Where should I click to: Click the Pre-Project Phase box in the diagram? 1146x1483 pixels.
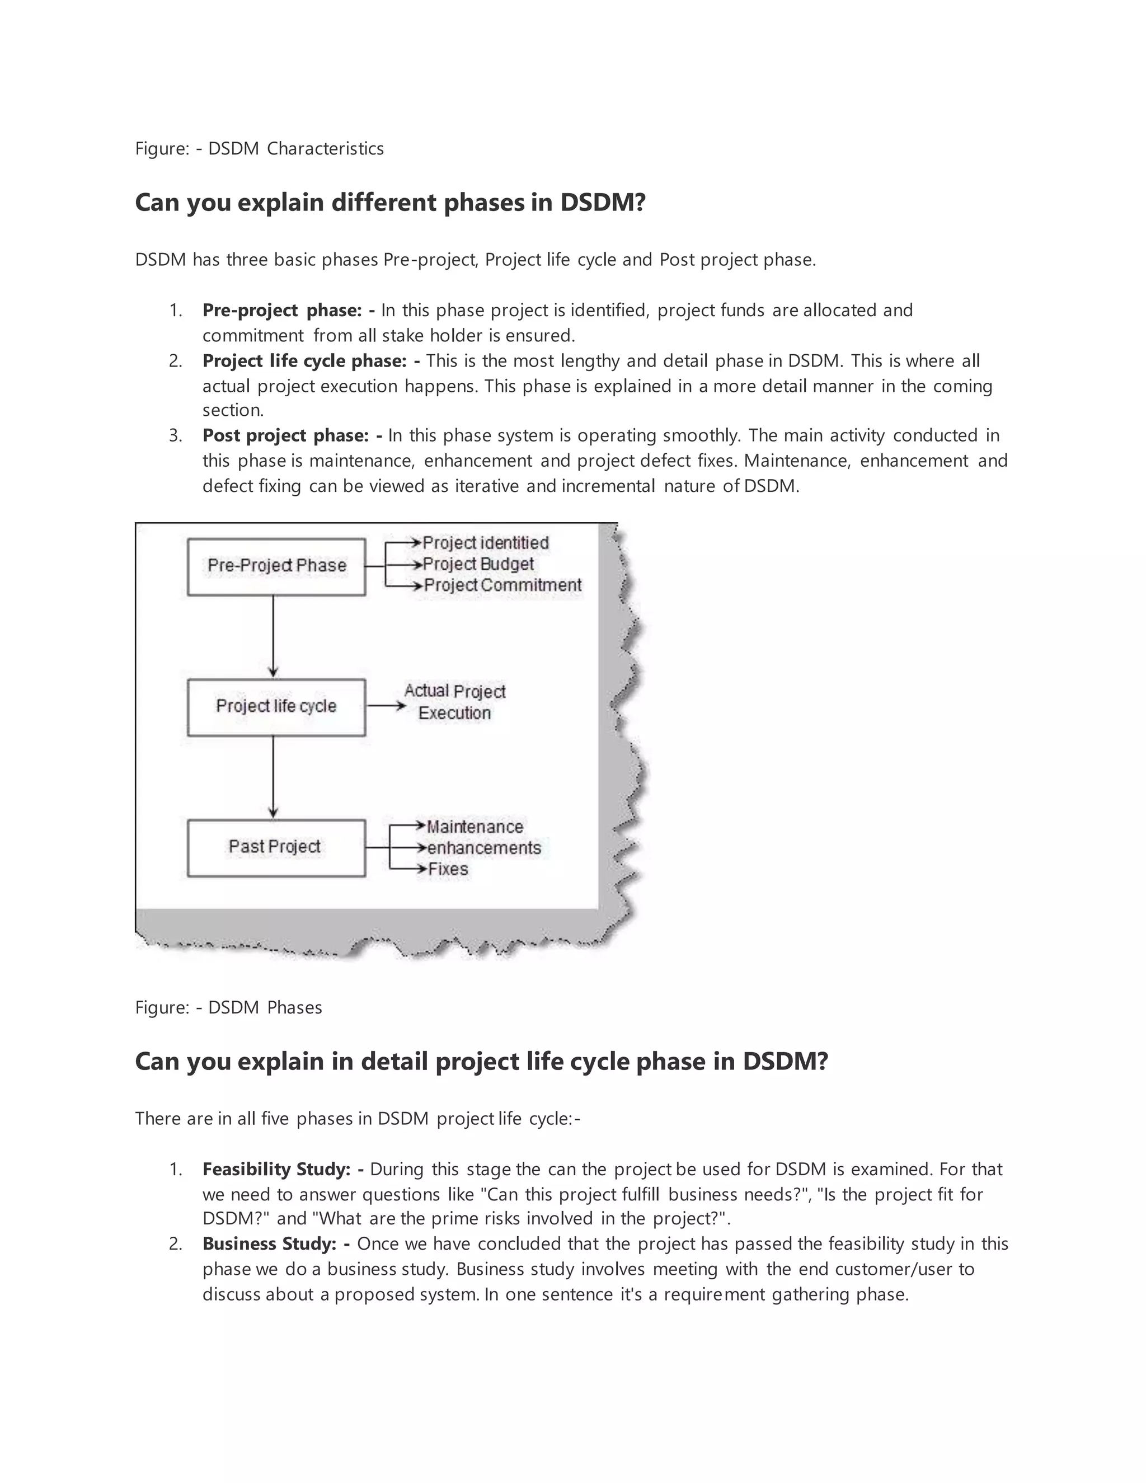(x=276, y=567)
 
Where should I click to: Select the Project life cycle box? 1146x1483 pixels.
(x=276, y=707)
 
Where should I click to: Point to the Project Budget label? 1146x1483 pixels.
(x=478, y=564)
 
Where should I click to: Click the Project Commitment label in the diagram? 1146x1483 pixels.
(x=502, y=585)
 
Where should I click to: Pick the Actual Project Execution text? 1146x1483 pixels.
(x=455, y=702)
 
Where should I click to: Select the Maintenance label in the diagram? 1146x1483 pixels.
(x=475, y=827)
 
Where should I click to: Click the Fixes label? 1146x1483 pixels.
(x=448, y=869)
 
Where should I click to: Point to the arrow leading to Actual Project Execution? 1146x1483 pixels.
(x=386, y=707)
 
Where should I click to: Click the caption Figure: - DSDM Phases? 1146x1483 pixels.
(x=229, y=1008)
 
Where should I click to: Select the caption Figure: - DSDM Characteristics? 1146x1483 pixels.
(x=259, y=149)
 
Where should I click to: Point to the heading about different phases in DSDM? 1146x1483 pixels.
(x=391, y=203)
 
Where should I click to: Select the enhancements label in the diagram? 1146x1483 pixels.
(x=483, y=848)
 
